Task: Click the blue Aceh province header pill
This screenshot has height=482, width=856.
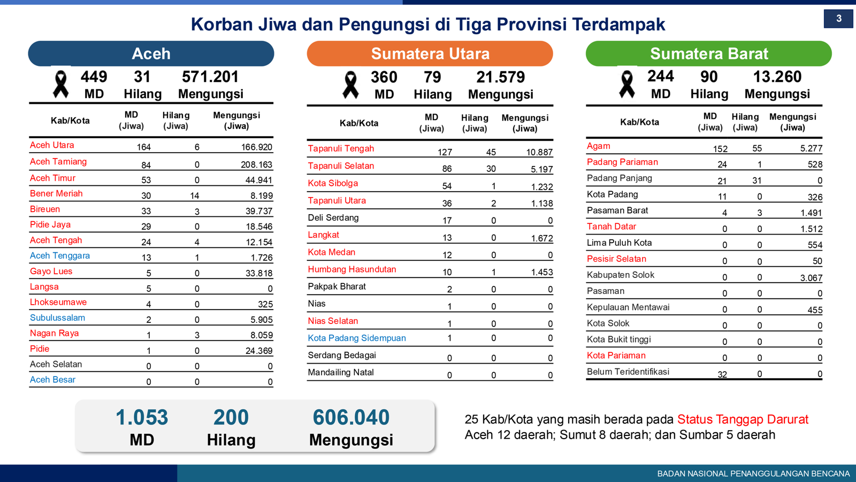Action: (151, 54)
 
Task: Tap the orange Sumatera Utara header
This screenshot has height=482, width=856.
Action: (430, 54)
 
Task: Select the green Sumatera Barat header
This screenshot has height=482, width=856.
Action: (708, 54)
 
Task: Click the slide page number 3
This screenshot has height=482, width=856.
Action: (838, 19)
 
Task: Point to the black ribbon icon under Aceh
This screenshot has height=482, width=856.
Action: (61, 85)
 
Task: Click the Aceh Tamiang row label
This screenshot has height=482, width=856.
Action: (58, 162)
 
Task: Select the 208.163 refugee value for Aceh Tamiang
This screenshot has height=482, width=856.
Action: (256, 165)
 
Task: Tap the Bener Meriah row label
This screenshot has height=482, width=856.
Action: (56, 194)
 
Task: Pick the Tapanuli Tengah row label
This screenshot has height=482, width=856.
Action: (341, 149)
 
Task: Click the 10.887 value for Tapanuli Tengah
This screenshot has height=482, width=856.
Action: (539, 153)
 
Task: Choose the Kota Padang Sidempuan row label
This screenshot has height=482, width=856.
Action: (357, 338)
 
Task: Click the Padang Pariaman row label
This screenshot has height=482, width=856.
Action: (622, 162)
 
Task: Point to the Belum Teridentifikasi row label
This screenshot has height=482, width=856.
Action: (628, 372)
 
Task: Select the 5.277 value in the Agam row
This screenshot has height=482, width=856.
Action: (811, 149)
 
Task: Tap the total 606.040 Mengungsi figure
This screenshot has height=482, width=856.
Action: (351, 418)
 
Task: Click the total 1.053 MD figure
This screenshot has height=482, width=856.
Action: (142, 418)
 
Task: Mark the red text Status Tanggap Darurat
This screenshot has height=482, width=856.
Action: (743, 419)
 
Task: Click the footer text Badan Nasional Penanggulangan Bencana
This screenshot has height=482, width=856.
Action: (753, 474)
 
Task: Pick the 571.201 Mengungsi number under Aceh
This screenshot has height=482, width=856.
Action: (210, 77)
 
